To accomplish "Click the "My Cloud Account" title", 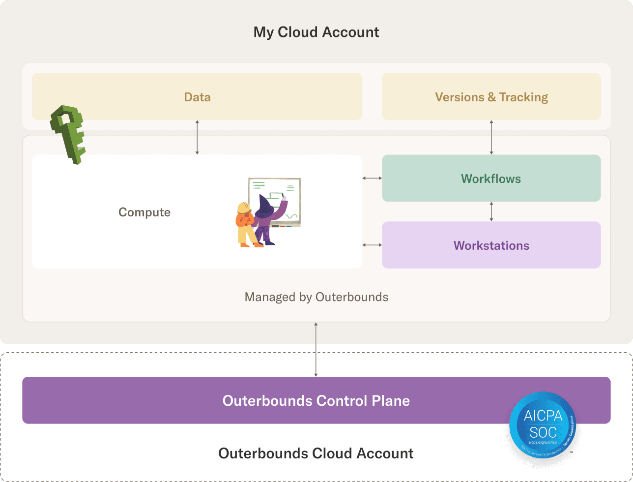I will coord(316,32).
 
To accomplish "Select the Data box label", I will coord(197,97).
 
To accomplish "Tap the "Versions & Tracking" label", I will coord(491,97).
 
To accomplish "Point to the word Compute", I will coord(144,212).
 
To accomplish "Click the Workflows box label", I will coord(491,179).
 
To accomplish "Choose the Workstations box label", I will coord(491,245).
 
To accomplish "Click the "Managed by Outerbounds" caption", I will coord(316,297).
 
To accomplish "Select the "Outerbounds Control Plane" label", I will coord(316,400).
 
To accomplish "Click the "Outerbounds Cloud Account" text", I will coord(316,453).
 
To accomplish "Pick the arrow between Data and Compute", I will coord(197,137).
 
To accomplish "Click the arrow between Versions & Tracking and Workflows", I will coord(491,137).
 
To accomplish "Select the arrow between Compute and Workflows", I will coord(372,178).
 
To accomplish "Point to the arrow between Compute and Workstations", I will coord(372,244).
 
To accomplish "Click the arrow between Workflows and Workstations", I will coord(491,211).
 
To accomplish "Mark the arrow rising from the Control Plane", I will coord(316,349).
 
